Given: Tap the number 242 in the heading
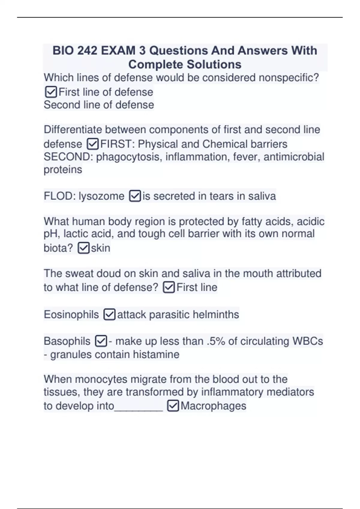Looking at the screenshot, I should pyautogui.click(x=87, y=51).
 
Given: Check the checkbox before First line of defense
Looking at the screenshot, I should pyautogui.click(x=51, y=92).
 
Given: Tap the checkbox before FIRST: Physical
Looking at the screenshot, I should pyautogui.click(x=92, y=144).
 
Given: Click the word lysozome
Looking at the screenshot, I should pyautogui.click(x=101, y=196).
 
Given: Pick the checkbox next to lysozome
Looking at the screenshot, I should pyautogui.click(x=135, y=196).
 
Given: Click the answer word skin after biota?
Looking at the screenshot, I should pyautogui.click(x=100, y=248).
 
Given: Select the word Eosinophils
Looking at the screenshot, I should pyautogui.click(x=71, y=315).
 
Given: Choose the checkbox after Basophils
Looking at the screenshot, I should pyautogui.click(x=101, y=341).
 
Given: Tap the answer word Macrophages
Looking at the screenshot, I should pyautogui.click(x=213, y=406).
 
